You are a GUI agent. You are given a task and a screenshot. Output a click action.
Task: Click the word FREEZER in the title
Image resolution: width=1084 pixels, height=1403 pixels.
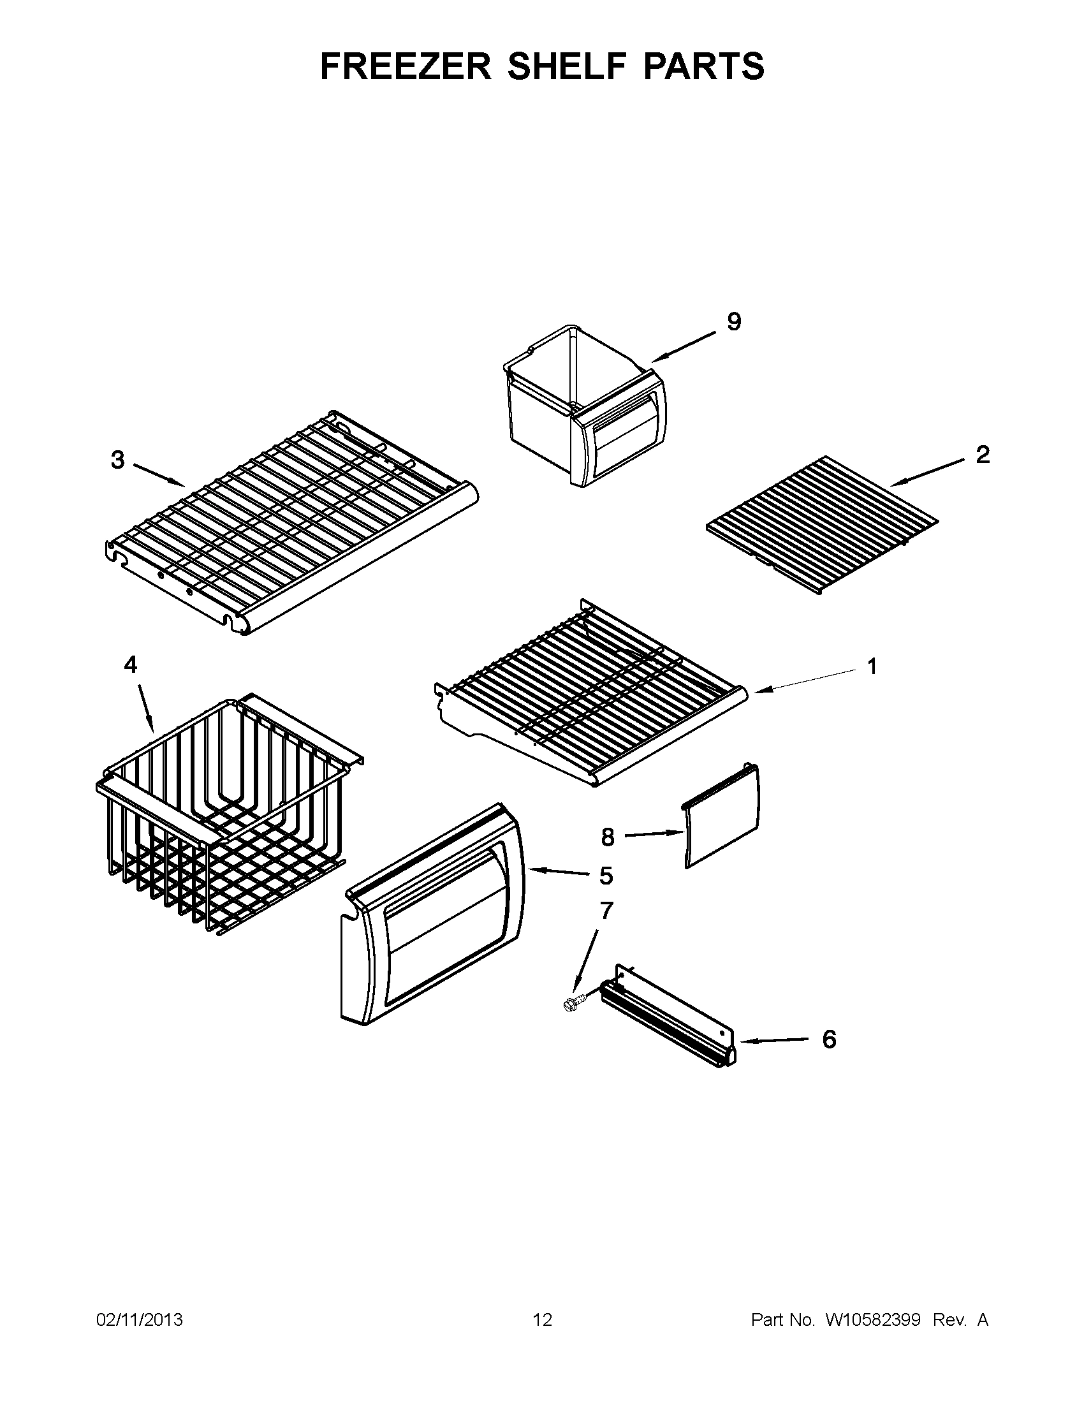(x=405, y=66)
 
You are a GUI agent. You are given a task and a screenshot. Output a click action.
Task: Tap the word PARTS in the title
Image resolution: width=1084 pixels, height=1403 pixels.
(x=704, y=66)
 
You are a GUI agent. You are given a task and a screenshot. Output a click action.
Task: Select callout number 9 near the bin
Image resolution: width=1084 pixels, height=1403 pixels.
(x=734, y=321)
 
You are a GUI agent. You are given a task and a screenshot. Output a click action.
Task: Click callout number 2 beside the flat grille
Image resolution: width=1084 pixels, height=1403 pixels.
(x=983, y=455)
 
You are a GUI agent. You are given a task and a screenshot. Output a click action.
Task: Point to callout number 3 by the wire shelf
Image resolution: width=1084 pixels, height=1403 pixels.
(x=117, y=460)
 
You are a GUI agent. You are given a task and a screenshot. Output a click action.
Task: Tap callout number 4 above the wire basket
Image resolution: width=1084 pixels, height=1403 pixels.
(x=130, y=665)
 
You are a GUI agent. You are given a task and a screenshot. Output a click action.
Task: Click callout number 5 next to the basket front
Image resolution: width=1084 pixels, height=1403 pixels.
(x=606, y=876)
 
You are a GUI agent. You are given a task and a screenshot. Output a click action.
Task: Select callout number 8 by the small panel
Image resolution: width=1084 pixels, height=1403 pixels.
(x=608, y=837)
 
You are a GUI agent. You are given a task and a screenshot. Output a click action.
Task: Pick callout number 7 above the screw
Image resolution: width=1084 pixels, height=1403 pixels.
(x=606, y=910)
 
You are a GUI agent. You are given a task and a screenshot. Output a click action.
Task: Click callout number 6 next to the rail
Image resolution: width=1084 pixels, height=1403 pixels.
(x=829, y=1039)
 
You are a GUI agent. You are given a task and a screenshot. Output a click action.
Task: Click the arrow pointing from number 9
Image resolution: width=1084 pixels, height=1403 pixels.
(x=684, y=347)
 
